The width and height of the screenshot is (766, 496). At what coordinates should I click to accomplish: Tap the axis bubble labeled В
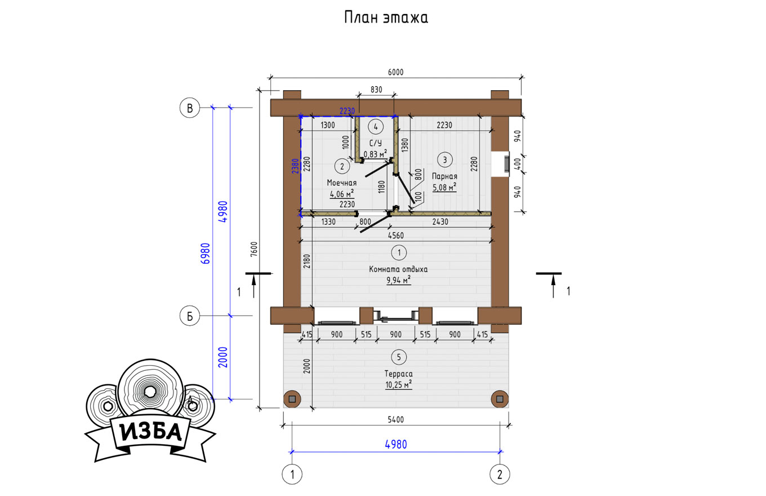[x=190, y=108]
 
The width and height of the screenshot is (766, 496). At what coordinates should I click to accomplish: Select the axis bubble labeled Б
[x=190, y=316]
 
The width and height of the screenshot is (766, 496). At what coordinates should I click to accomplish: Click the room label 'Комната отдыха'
[x=398, y=269]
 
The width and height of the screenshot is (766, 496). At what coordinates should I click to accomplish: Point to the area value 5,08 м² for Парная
[x=444, y=187]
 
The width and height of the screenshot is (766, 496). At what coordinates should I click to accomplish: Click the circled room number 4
[x=376, y=127]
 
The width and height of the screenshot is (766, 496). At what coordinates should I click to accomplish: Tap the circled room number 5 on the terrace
[x=399, y=357]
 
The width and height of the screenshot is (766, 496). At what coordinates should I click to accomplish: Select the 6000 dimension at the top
[x=395, y=72]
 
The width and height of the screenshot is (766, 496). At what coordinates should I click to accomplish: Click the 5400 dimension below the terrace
[x=395, y=420]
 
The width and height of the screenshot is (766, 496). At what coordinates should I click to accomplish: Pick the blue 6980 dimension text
[x=205, y=253]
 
